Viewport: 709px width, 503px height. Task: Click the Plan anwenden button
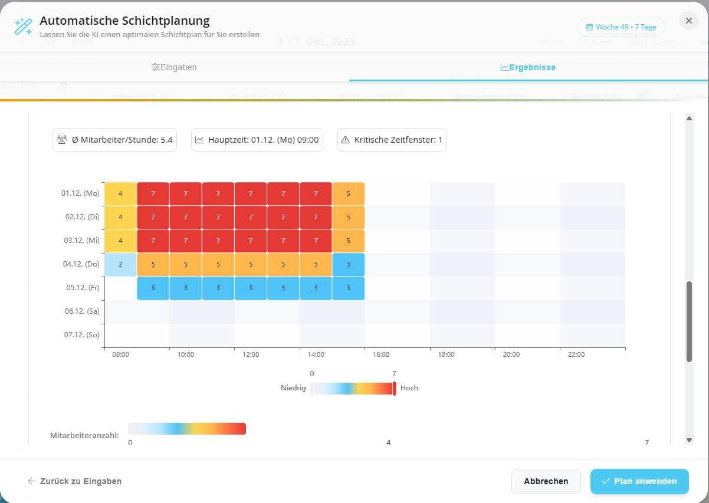pyautogui.click(x=639, y=481)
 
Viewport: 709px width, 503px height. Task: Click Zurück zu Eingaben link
pyautogui.click(x=75, y=481)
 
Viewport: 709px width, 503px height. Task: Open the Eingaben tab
pyautogui.click(x=174, y=67)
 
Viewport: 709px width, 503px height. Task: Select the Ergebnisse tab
pyautogui.click(x=528, y=67)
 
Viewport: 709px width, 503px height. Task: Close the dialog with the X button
pyautogui.click(x=688, y=21)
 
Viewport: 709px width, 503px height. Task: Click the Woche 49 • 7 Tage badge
pyautogui.click(x=621, y=27)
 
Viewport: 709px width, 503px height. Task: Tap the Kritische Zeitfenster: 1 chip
pyautogui.click(x=392, y=140)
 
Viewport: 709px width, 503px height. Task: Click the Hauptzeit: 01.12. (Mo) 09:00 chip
pyautogui.click(x=257, y=140)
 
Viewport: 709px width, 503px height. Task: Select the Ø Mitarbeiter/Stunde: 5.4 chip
pyautogui.click(x=114, y=140)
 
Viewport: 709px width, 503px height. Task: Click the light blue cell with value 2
pyautogui.click(x=120, y=264)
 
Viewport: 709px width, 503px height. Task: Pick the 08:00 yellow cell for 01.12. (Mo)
pyautogui.click(x=120, y=193)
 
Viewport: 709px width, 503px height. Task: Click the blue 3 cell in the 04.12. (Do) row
pyautogui.click(x=348, y=264)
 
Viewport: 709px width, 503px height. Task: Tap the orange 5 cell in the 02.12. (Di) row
pyautogui.click(x=348, y=217)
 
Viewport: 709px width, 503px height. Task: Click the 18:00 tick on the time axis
pyautogui.click(x=446, y=354)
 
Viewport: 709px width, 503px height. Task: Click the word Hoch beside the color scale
pyautogui.click(x=409, y=388)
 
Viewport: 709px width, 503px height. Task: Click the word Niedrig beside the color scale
pyautogui.click(x=293, y=388)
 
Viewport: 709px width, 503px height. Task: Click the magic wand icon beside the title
pyautogui.click(x=23, y=27)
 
